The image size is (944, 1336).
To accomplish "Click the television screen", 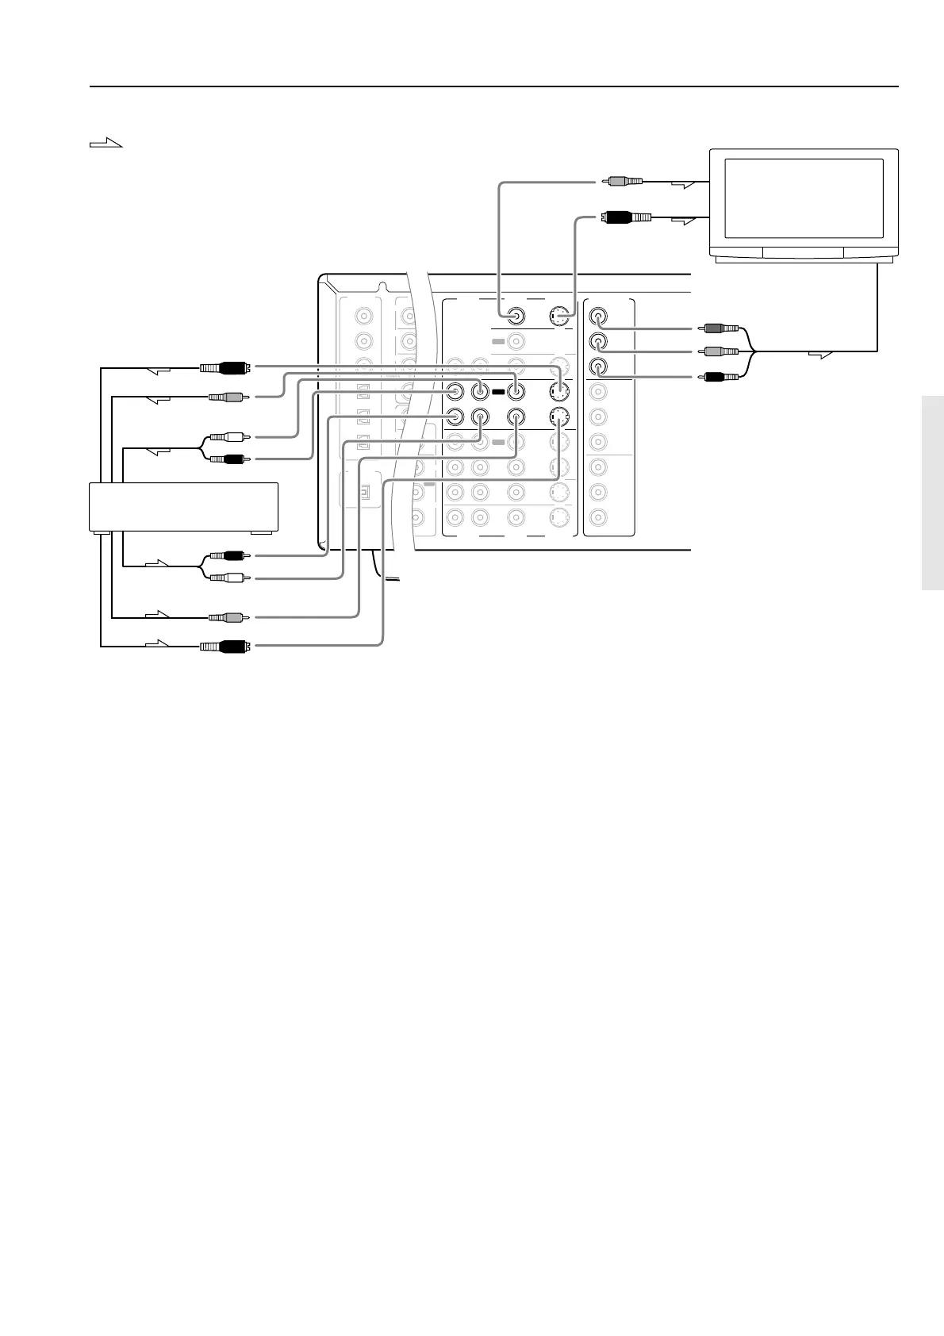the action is [804, 198].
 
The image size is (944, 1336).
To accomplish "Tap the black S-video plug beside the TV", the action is [627, 215].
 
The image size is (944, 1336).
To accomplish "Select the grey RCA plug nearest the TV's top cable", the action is [625, 182].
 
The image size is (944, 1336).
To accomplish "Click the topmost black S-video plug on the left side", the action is [226, 367].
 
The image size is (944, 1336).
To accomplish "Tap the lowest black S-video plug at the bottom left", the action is [226, 646].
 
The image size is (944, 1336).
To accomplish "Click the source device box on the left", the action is [183, 506].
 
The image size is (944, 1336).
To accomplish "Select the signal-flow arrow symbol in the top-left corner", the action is [106, 143].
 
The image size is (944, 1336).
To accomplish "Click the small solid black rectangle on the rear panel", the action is [497, 392].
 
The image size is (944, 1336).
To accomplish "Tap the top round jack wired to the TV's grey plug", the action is [516, 317].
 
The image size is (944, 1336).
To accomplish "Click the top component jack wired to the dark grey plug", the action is [599, 317].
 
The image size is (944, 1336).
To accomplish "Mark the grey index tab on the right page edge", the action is [933, 493].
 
